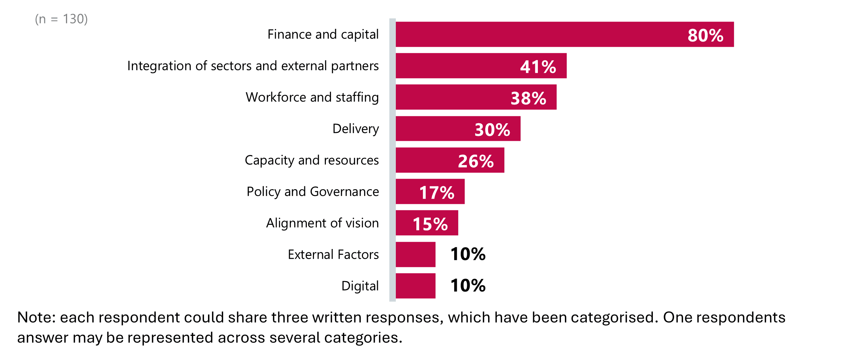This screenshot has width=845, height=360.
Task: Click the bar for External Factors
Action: pos(415,254)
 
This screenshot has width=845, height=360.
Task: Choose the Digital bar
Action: pos(415,286)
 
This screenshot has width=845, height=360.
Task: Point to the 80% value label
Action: pos(705,35)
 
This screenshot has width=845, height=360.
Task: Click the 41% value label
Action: pos(538,67)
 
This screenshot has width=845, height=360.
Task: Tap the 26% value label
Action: pos(475,161)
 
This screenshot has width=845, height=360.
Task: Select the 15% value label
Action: pos(430,224)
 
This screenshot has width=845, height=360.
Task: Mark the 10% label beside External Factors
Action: pos(468,254)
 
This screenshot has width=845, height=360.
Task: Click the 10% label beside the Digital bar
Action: pos(468,285)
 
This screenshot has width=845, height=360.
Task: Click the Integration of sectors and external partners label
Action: pos(253,66)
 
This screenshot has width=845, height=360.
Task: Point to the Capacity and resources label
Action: pos(311,160)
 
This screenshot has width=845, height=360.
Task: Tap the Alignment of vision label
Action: pos(322,223)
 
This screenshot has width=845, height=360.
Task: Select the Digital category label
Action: pos(360,286)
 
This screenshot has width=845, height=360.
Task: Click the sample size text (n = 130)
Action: pos(61,19)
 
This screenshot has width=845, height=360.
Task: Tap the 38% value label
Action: pos(528,98)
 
